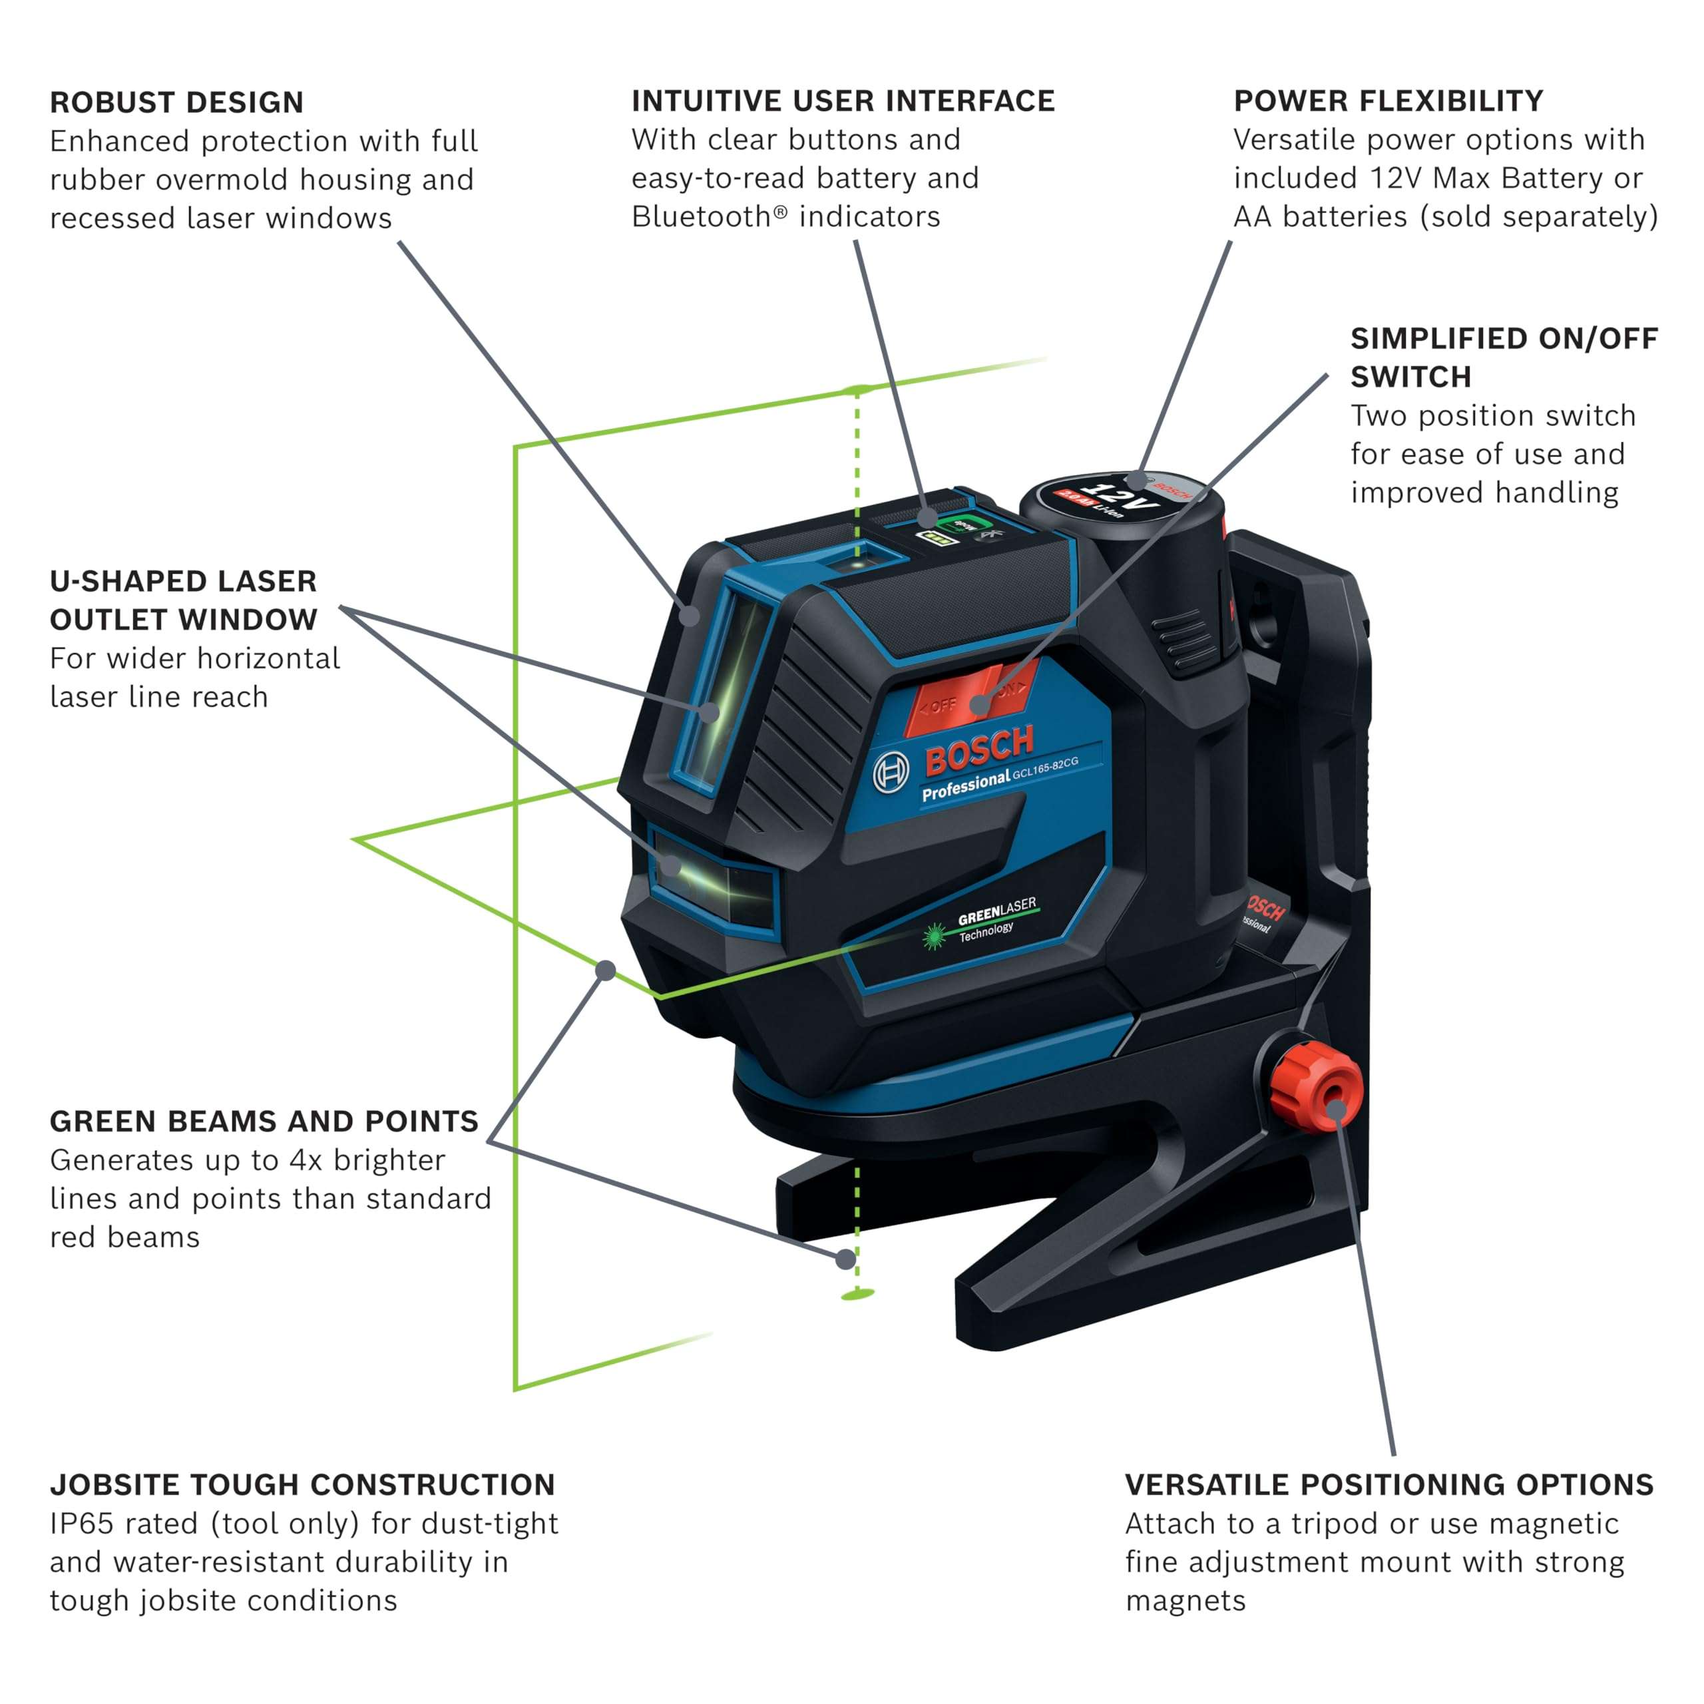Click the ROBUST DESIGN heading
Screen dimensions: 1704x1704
(176, 103)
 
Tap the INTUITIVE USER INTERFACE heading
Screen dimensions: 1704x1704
(842, 101)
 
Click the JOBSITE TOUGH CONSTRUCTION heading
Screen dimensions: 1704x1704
(302, 1484)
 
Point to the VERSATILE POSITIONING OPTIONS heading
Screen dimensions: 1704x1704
(1388, 1484)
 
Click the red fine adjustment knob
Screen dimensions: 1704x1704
(1316, 1086)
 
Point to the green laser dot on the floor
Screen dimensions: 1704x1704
(857, 1294)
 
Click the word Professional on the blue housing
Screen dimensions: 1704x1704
(965, 784)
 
